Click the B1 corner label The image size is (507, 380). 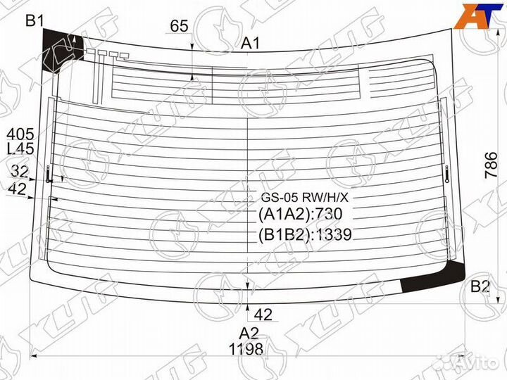point(35,21)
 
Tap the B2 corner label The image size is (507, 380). point(480,286)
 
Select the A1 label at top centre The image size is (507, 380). point(251,43)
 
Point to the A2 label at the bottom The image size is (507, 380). point(249,333)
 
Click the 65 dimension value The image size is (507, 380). point(179,26)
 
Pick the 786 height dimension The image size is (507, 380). point(491,165)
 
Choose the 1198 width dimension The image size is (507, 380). point(246,349)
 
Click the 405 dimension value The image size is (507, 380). point(20,134)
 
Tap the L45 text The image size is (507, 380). point(20,148)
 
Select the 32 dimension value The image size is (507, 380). point(20,171)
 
